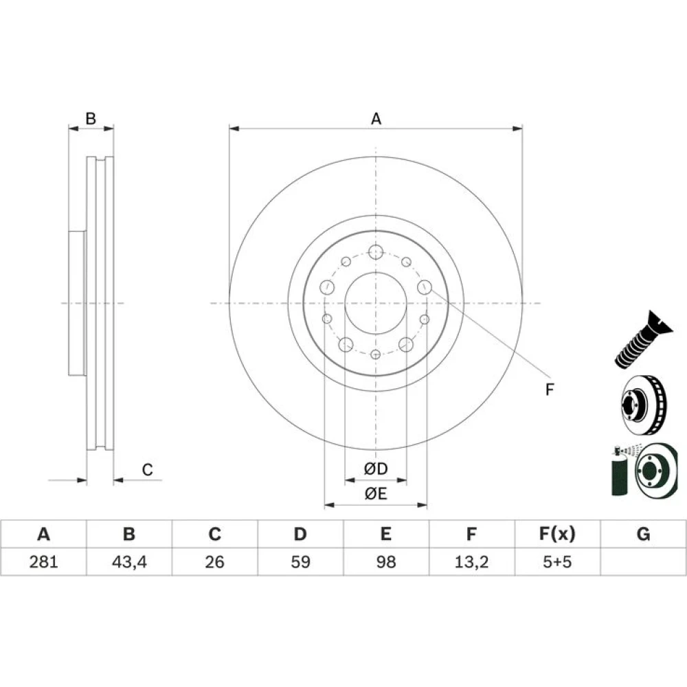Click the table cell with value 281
click(x=43, y=561)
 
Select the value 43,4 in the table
click(x=129, y=562)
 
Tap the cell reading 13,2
click(x=471, y=562)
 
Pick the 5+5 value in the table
click(x=557, y=561)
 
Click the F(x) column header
click(x=557, y=534)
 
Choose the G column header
click(x=643, y=534)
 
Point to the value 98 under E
click(x=386, y=561)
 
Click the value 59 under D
click(x=301, y=561)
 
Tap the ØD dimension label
click(x=376, y=469)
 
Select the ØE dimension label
click(x=376, y=494)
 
